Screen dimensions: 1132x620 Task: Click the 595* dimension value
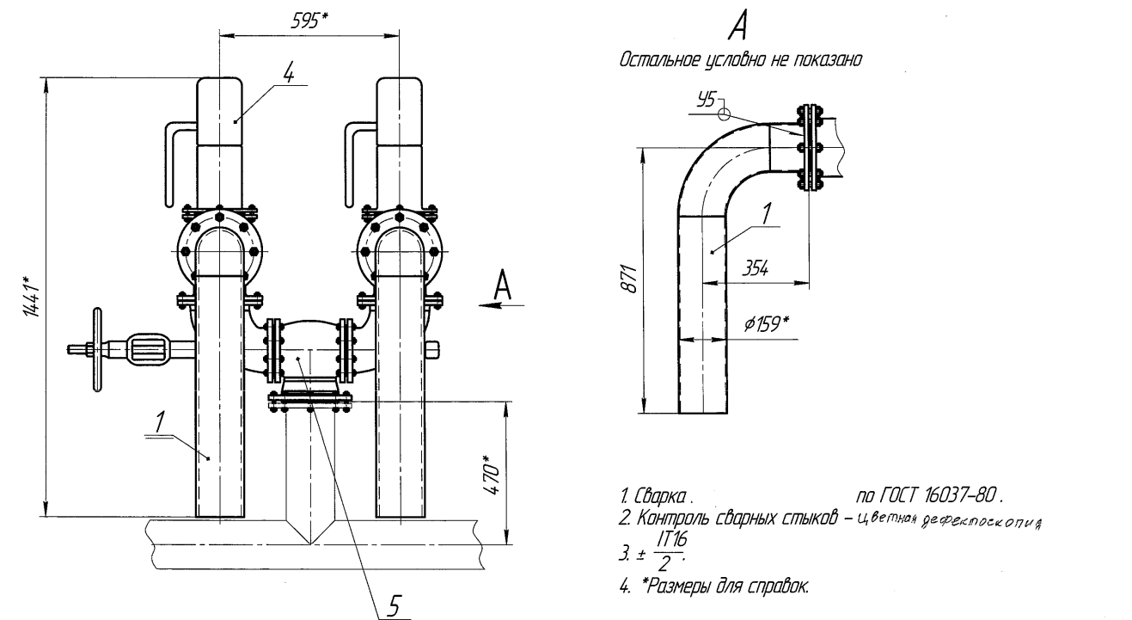[x=309, y=21]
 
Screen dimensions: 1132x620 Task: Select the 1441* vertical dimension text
[x=31, y=297]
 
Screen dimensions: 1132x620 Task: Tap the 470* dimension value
[x=492, y=476]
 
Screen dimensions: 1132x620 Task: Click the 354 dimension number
[x=756, y=268]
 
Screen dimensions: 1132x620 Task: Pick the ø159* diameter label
[x=766, y=323]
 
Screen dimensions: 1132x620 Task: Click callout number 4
[x=289, y=74]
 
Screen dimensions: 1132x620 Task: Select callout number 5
[x=395, y=605]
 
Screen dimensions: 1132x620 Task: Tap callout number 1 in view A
[x=768, y=213]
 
